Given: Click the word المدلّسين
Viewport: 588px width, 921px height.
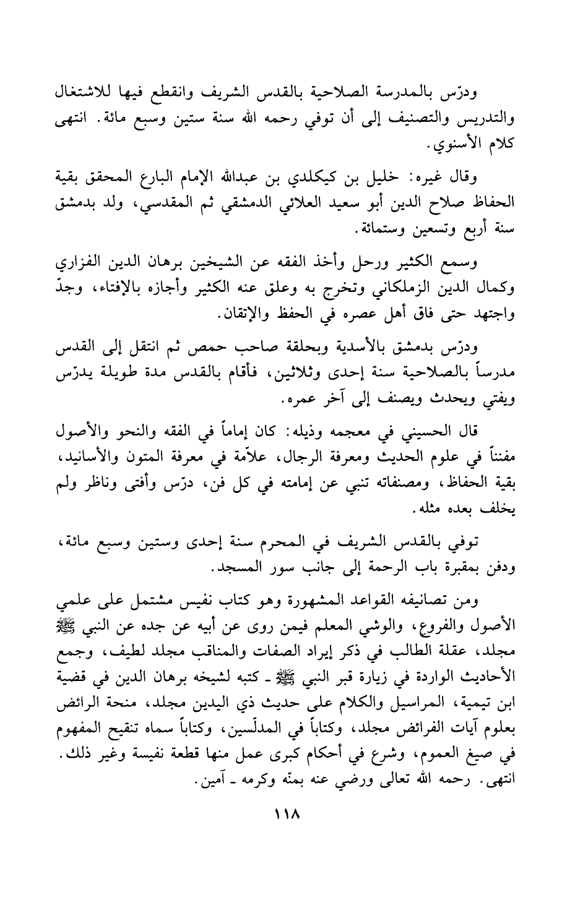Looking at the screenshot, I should click(x=270, y=695).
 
